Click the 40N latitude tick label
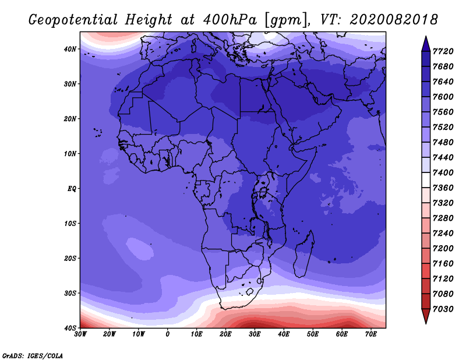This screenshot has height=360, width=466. click(70, 49)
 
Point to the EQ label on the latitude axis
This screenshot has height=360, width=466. click(72, 189)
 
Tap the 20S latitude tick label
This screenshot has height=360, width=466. click(70, 258)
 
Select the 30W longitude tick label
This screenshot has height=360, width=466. click(80, 334)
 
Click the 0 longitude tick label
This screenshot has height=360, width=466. click(168, 334)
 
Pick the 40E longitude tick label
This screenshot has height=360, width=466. click(284, 334)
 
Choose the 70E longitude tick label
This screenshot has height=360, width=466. click(371, 334)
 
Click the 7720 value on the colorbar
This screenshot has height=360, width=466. click(443, 51)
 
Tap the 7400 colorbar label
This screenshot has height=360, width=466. click(443, 172)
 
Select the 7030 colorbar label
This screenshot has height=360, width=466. click(443, 309)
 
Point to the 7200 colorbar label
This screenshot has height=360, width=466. click(443, 249)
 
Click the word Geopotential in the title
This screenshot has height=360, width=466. click(73, 20)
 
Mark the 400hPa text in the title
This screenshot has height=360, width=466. click(230, 20)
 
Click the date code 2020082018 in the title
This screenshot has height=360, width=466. click(394, 20)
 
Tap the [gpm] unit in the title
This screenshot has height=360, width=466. click(285, 20)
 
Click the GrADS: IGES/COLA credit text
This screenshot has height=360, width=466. click(33, 356)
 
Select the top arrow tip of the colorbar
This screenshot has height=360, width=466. click(426, 37)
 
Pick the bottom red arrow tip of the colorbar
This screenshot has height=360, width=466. click(426, 323)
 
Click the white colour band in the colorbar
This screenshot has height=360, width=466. click(426, 180)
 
